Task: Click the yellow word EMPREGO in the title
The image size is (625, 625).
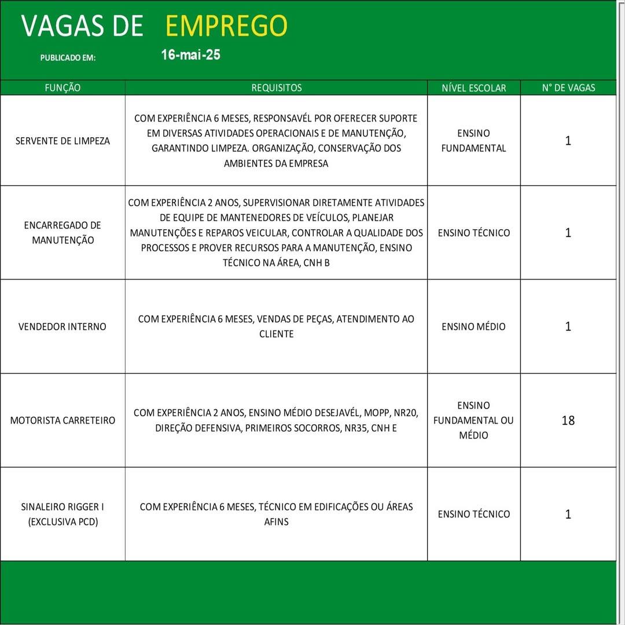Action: [x=226, y=26]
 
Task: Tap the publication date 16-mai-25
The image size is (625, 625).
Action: [x=190, y=56]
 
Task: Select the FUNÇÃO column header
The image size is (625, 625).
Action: [x=62, y=88]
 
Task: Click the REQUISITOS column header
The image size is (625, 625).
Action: [x=276, y=88]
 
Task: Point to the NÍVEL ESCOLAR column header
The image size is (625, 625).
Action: [x=473, y=88]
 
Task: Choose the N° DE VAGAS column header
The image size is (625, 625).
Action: [x=568, y=88]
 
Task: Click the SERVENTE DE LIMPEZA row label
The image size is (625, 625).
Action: [x=62, y=141]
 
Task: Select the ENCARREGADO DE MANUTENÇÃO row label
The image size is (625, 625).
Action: [x=62, y=233]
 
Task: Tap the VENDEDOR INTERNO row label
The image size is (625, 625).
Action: [x=62, y=326]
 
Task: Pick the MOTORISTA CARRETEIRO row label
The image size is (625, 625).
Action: [x=62, y=420]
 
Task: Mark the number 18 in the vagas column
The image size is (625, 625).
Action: [x=568, y=420]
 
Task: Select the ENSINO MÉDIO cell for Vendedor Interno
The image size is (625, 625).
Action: [x=473, y=326]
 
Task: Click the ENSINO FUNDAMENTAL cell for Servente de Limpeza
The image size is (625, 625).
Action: [x=473, y=141]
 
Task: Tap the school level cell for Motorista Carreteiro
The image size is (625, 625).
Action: [x=473, y=420]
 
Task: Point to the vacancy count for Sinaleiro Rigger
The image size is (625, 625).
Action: [x=568, y=514]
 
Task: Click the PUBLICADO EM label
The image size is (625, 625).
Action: [x=68, y=58]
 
